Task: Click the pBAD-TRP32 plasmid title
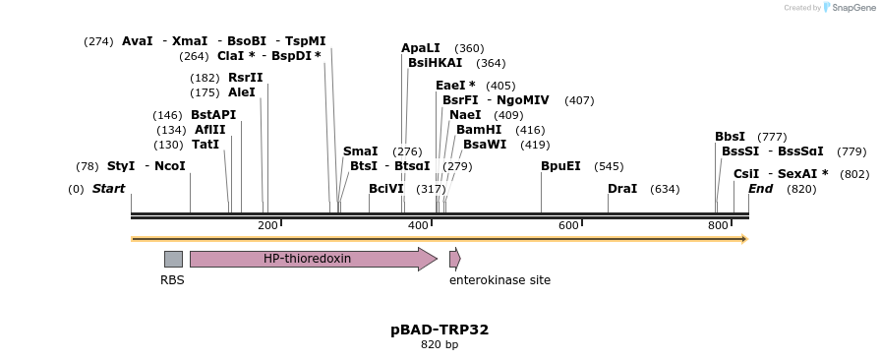(440, 330)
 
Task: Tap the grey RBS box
(173, 259)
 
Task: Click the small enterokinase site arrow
(454, 259)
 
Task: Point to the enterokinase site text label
(499, 280)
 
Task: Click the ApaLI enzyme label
(421, 48)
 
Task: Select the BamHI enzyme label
(479, 130)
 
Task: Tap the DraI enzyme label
(622, 189)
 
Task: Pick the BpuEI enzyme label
(560, 166)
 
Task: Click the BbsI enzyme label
(730, 137)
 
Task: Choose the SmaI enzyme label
(360, 151)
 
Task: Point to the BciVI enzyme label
(386, 189)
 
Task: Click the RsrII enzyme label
(246, 78)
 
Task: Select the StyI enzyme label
(121, 166)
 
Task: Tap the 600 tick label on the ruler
(568, 226)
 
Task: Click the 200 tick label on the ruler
(267, 226)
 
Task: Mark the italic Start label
(108, 189)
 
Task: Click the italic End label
(760, 189)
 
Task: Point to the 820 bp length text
(440, 345)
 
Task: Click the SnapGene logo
(846, 8)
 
